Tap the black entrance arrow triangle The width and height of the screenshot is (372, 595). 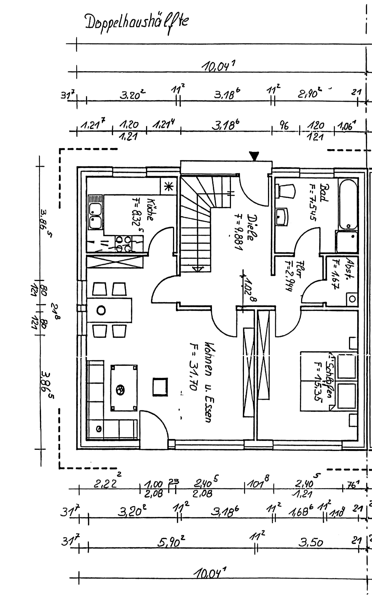pyautogui.click(x=254, y=156)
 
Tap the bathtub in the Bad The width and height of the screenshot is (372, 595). pyautogui.click(x=348, y=205)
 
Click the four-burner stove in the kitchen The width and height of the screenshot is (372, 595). pyautogui.click(x=123, y=244)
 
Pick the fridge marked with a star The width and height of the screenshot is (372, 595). pyautogui.click(x=168, y=186)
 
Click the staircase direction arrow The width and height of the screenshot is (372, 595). pyautogui.click(x=198, y=268)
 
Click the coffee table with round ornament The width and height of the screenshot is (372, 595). pyautogui.click(x=124, y=388)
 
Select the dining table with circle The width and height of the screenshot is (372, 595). pyautogui.click(x=109, y=310)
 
